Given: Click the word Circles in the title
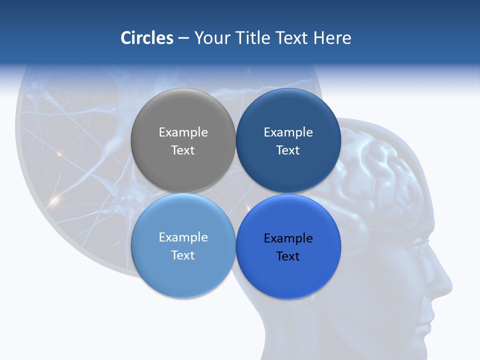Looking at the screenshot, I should pos(147,38).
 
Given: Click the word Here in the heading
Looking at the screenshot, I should pos(332,38).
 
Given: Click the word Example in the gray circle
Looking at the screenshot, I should pos(183,132).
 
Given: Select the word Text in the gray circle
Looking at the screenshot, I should pos(183,150).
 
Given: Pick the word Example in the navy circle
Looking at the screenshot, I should pos(288,132).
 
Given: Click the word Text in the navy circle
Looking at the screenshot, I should pos(288,150).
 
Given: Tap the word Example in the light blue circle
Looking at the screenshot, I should pos(183,237).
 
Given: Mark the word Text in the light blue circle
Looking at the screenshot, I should pos(183,255).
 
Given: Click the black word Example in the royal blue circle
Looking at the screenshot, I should pos(288,238).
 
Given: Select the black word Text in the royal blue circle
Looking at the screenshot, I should pos(288,256).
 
